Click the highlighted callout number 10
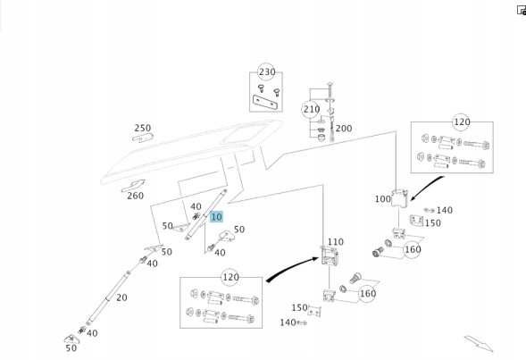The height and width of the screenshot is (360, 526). (x=216, y=217)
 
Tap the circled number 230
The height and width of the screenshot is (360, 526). (x=267, y=71)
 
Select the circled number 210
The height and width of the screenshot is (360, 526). (x=312, y=109)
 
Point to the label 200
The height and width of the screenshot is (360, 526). (x=344, y=128)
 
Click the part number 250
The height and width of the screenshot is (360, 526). (x=143, y=128)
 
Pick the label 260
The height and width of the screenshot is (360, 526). (x=135, y=196)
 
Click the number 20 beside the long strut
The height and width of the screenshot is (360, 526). (x=121, y=297)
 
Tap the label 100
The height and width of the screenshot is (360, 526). (x=383, y=199)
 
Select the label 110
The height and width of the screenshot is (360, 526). (x=336, y=242)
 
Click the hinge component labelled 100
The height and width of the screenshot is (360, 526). (x=400, y=198)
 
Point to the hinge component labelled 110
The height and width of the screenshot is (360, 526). (x=330, y=255)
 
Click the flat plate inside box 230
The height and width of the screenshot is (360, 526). (x=266, y=102)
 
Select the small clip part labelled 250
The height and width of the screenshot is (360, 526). (x=143, y=138)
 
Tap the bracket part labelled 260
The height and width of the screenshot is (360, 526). (x=133, y=186)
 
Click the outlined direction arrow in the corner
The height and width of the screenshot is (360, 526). (x=479, y=343)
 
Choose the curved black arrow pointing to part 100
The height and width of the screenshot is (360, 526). (x=425, y=187)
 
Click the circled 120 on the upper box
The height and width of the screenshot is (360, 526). (x=462, y=122)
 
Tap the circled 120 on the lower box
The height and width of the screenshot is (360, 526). (x=230, y=277)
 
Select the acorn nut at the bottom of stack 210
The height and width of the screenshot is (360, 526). (x=321, y=137)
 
